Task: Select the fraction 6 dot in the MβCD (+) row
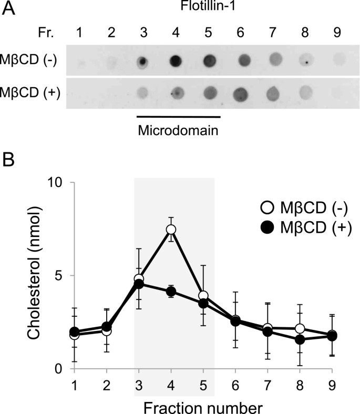[241, 94]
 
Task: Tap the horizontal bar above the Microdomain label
[178, 117]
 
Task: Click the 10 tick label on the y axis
[55, 183]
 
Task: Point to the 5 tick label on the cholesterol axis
[59, 276]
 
